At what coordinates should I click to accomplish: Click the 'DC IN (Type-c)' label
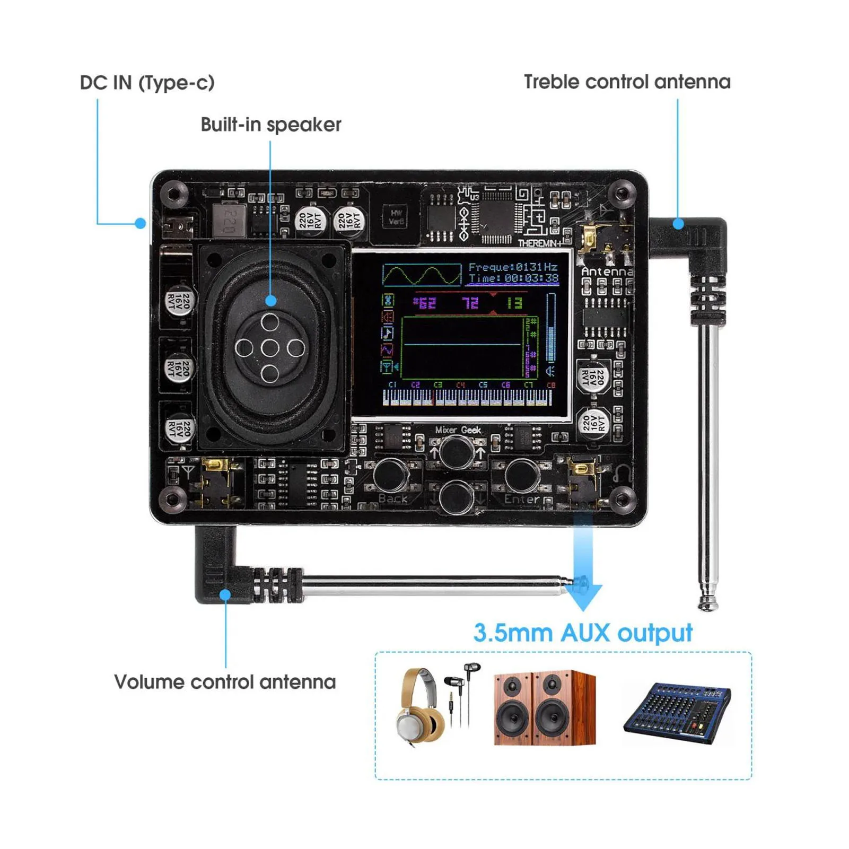click(x=147, y=83)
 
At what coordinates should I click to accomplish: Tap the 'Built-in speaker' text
click(x=270, y=125)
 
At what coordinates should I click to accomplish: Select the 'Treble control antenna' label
click(x=627, y=82)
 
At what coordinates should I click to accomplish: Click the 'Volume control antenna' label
click(x=225, y=681)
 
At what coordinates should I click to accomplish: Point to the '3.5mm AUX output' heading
click(x=582, y=633)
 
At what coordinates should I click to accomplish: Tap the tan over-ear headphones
click(x=419, y=707)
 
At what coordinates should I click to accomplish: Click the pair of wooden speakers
click(x=545, y=708)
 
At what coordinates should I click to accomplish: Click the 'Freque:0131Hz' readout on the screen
click(x=512, y=267)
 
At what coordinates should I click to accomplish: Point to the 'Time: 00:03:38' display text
click(x=513, y=278)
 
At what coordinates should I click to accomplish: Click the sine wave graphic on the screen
click(x=422, y=275)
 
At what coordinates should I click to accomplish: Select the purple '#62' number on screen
click(x=424, y=303)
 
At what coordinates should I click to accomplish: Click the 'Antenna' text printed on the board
click(x=607, y=272)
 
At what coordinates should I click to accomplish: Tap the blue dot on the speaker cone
click(x=270, y=301)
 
